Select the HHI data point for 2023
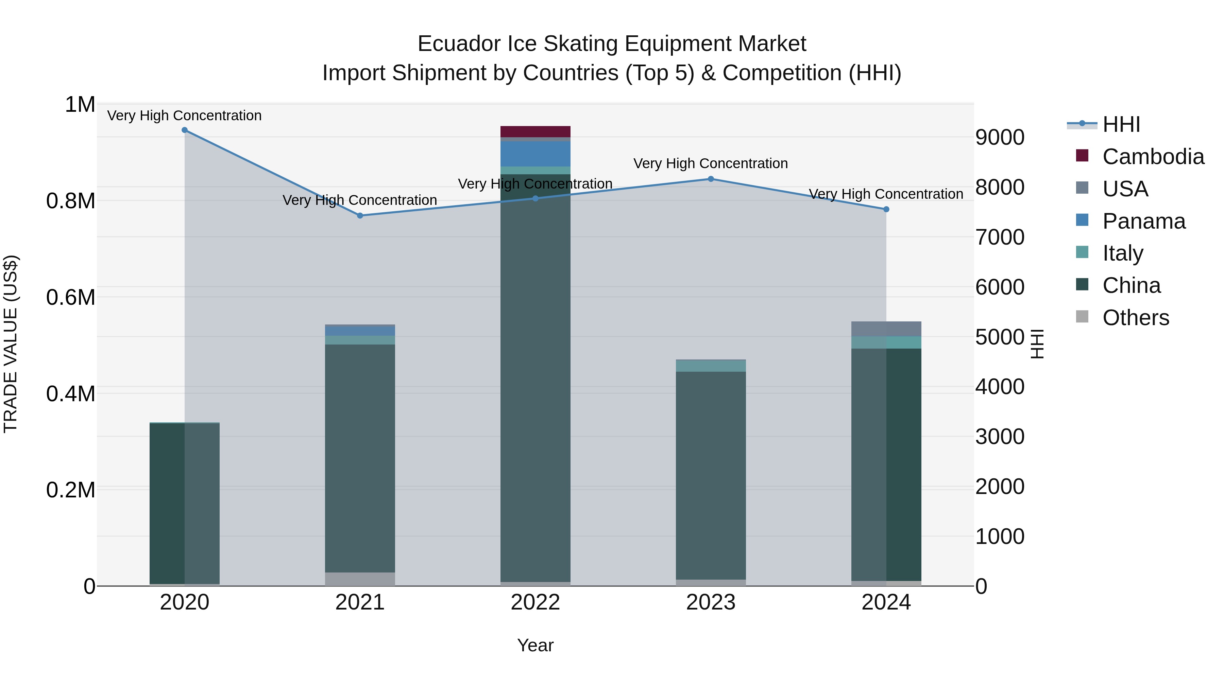(711, 179)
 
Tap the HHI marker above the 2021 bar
(360, 215)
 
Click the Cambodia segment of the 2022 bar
(535, 131)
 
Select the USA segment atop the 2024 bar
(886, 329)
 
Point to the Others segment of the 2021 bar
(360, 579)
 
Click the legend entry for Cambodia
(1153, 157)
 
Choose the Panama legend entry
(1144, 221)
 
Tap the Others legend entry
(1136, 318)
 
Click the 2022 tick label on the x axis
(535, 602)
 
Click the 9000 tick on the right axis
(1000, 137)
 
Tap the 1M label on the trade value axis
(80, 104)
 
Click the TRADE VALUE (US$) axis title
(11, 344)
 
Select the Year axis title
(535, 645)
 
